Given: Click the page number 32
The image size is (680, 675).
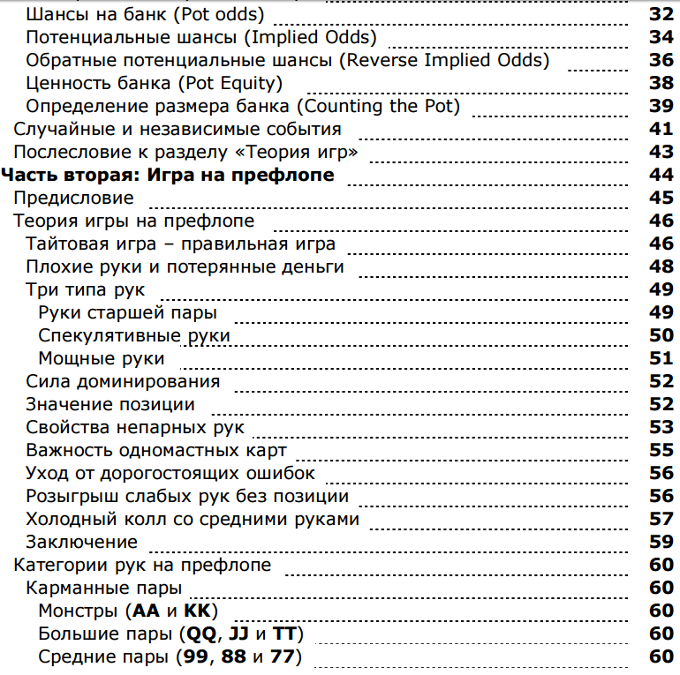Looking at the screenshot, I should pos(661,14).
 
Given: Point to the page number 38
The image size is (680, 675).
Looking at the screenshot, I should pos(661,83).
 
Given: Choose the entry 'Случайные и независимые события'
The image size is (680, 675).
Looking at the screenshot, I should pos(177,129).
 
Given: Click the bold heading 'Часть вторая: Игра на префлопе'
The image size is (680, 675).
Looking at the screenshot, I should pos(170,175).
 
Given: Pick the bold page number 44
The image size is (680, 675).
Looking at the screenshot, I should pos(661,175).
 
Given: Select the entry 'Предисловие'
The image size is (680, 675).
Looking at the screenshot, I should pos(73,198).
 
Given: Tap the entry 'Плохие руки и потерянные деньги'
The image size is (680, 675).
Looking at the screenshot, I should pos(185,266).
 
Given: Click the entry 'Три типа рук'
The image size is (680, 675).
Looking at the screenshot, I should pos(86,289).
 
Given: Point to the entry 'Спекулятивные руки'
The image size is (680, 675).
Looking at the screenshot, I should pos(134,335).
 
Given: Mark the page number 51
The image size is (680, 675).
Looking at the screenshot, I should pos(661,358).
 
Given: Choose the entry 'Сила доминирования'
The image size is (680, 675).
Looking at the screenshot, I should pos(123,381).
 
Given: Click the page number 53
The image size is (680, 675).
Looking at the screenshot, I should pos(661,427).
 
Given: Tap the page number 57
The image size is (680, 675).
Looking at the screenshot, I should pos(661,519).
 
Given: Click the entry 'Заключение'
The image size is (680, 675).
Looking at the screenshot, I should pos(82,542).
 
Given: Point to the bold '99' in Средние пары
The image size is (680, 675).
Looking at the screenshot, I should pos(195,656).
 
